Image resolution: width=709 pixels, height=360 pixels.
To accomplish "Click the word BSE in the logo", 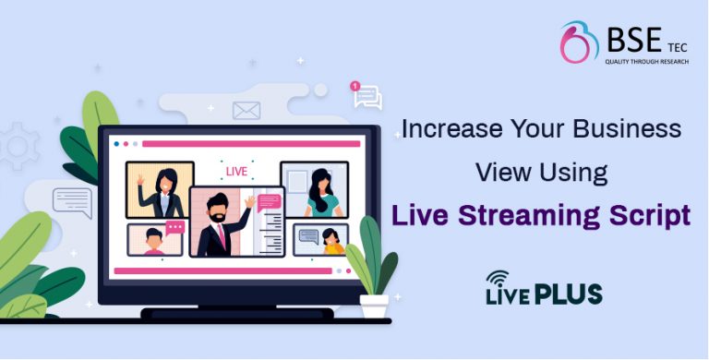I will [x=634, y=40].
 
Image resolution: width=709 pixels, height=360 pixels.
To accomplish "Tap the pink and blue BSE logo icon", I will [x=579, y=43].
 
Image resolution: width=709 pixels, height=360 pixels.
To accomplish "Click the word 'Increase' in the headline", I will [x=440, y=129].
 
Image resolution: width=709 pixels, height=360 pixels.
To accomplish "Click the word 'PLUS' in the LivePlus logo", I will [x=568, y=294].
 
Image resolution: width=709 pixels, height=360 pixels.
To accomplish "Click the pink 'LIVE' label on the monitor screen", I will [x=236, y=172].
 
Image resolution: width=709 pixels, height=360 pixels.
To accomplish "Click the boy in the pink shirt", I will [x=154, y=243].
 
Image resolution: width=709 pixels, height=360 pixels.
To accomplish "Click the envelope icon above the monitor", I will [x=246, y=111].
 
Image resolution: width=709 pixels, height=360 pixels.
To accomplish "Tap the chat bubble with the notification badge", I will [x=367, y=96].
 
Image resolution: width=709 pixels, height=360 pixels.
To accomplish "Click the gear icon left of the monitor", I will [x=16, y=148].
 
